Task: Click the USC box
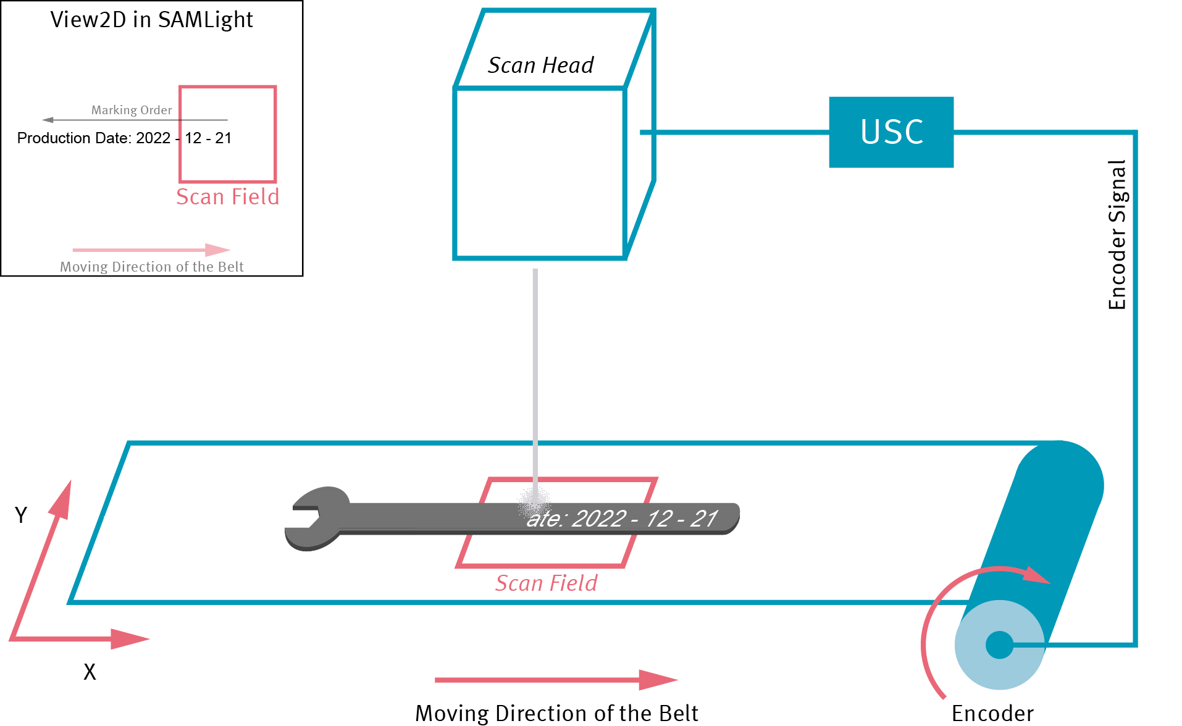pos(891,132)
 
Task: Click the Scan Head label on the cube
pos(540,65)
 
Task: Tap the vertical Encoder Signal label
pos(1117,235)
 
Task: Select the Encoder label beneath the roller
pos(992,714)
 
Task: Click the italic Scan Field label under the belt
pos(547,583)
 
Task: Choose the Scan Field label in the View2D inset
pos(227,197)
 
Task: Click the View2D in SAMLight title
pos(151,20)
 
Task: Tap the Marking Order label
pos(132,111)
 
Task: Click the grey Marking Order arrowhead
pos(48,120)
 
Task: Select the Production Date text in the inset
pos(124,138)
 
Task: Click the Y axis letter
pos(21,515)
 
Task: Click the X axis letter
pos(90,672)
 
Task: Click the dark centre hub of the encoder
pos(999,645)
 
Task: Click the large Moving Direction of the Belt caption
pos(556,714)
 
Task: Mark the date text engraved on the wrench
pos(621,519)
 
